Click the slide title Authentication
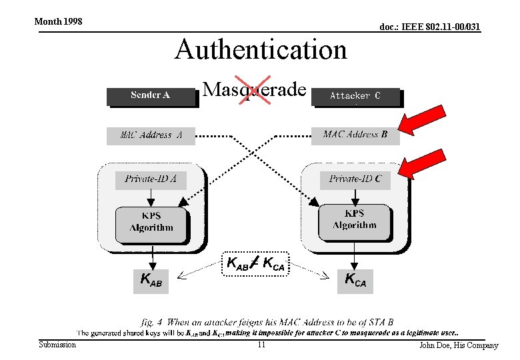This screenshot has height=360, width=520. tap(261, 50)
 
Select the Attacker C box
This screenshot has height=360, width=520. tap(355, 96)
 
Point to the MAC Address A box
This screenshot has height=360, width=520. tap(150, 135)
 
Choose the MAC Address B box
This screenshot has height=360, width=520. tap(355, 135)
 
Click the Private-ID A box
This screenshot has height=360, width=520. tap(151, 179)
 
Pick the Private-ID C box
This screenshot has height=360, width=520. tap(355, 179)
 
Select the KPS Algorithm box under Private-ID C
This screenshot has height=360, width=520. tap(355, 219)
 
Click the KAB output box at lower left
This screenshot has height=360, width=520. tap(151, 280)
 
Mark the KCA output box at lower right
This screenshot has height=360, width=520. tap(355, 279)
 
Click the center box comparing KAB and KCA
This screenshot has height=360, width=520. tap(255, 263)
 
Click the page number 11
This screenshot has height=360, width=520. tap(261, 345)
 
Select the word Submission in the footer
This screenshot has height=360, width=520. tap(57, 345)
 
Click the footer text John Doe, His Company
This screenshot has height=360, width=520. tap(458, 345)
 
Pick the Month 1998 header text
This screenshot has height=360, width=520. tap(58, 21)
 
